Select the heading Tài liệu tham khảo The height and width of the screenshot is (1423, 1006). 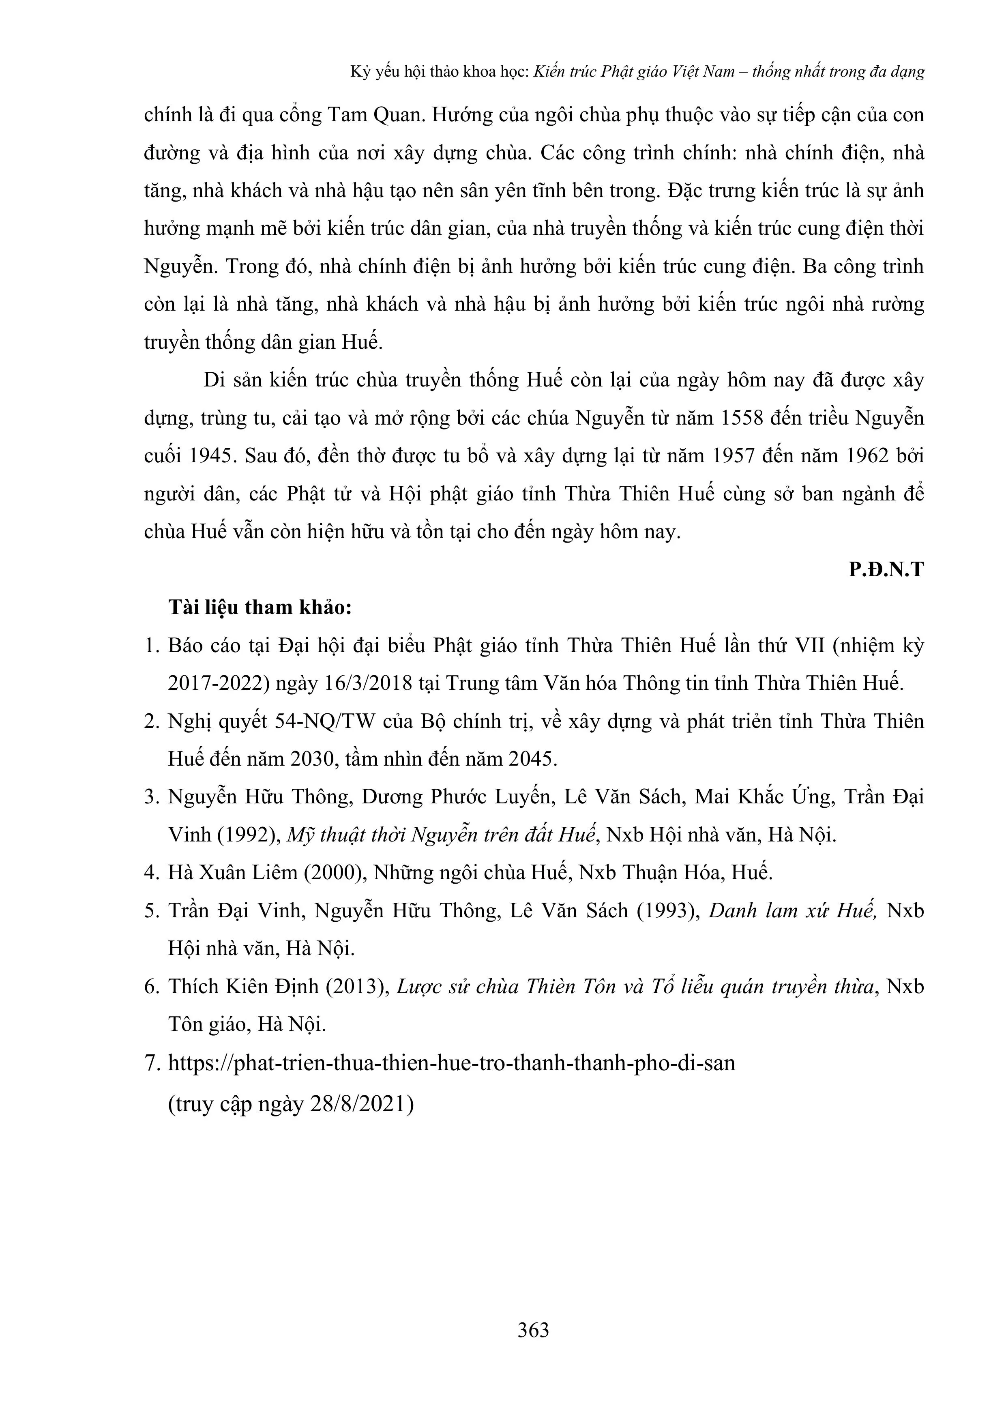click(260, 607)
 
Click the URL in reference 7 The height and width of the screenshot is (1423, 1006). click(451, 1063)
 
